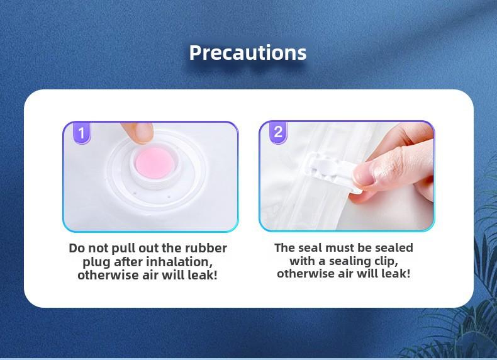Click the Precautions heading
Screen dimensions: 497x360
click(248, 53)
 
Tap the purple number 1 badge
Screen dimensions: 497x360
click(82, 133)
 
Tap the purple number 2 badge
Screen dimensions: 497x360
click(278, 132)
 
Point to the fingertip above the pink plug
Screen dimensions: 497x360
click(138, 133)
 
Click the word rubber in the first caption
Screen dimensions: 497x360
click(206, 248)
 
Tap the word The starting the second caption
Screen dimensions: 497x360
click(285, 248)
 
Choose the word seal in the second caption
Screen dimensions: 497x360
click(311, 248)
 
